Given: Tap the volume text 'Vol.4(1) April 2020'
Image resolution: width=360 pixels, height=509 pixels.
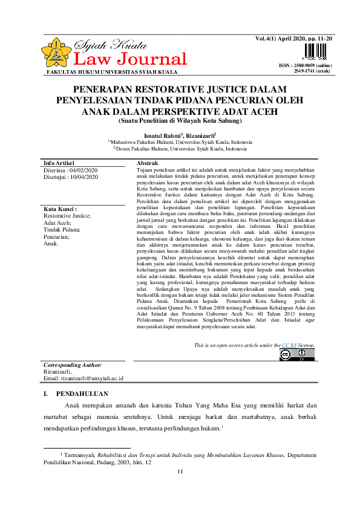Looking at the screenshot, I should click(x=286, y=38).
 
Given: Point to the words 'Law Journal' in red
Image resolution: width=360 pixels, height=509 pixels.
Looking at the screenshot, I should click(x=129, y=59).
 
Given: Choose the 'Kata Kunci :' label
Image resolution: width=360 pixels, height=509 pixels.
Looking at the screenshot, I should click(x=60, y=209).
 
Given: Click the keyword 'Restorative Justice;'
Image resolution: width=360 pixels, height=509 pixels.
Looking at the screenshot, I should click(x=67, y=216).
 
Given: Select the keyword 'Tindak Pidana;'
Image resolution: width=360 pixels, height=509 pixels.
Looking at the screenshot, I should click(x=62, y=230).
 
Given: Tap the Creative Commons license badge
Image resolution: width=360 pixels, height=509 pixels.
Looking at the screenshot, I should click(x=297, y=355).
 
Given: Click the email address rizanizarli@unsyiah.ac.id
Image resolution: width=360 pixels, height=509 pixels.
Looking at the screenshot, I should click(x=83, y=378).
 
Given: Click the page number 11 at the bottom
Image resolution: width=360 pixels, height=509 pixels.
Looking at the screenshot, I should click(x=180, y=472).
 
